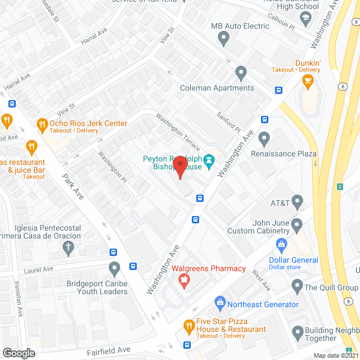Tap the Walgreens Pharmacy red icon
coord(183,281)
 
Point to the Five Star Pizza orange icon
coord(190,325)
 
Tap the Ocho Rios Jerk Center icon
coord(42,124)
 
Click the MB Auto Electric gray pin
coord(223,39)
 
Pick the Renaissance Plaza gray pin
coord(264,138)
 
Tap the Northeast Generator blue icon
coord(220,304)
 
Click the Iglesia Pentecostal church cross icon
coord(68,247)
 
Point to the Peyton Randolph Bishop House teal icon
coord(209,160)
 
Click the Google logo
coord(19,353)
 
